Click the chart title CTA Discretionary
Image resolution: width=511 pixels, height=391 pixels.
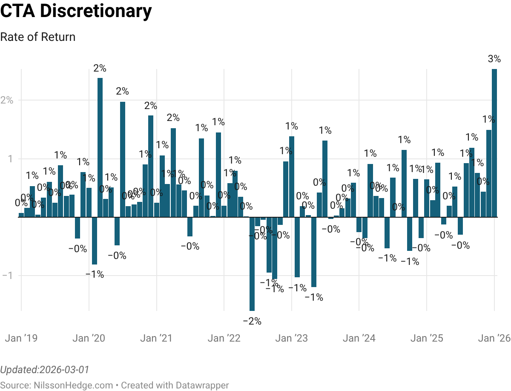click(76, 11)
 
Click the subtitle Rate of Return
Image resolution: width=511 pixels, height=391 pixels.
click(37, 37)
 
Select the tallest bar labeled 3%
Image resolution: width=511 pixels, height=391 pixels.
click(494, 143)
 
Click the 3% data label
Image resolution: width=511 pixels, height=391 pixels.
click(494, 59)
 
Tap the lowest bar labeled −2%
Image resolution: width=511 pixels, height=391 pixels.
click(252, 264)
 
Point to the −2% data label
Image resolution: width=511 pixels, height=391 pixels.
click(252, 321)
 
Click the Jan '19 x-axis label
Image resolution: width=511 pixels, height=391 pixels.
click(21, 338)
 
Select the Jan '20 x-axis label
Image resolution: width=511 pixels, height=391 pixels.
click(89, 338)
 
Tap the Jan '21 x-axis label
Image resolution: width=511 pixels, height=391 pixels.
click(156, 338)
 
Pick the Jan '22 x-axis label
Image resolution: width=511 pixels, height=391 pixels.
click(224, 338)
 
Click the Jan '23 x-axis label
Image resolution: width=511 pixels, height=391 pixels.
click(291, 338)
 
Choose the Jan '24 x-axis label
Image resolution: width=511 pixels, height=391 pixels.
click(359, 338)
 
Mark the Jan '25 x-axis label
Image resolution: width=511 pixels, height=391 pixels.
click(427, 338)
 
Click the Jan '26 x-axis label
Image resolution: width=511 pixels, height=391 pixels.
click(494, 338)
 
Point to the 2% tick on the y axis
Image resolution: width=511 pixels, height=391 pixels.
click(7, 101)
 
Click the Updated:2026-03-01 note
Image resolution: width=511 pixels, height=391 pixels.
click(45, 369)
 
